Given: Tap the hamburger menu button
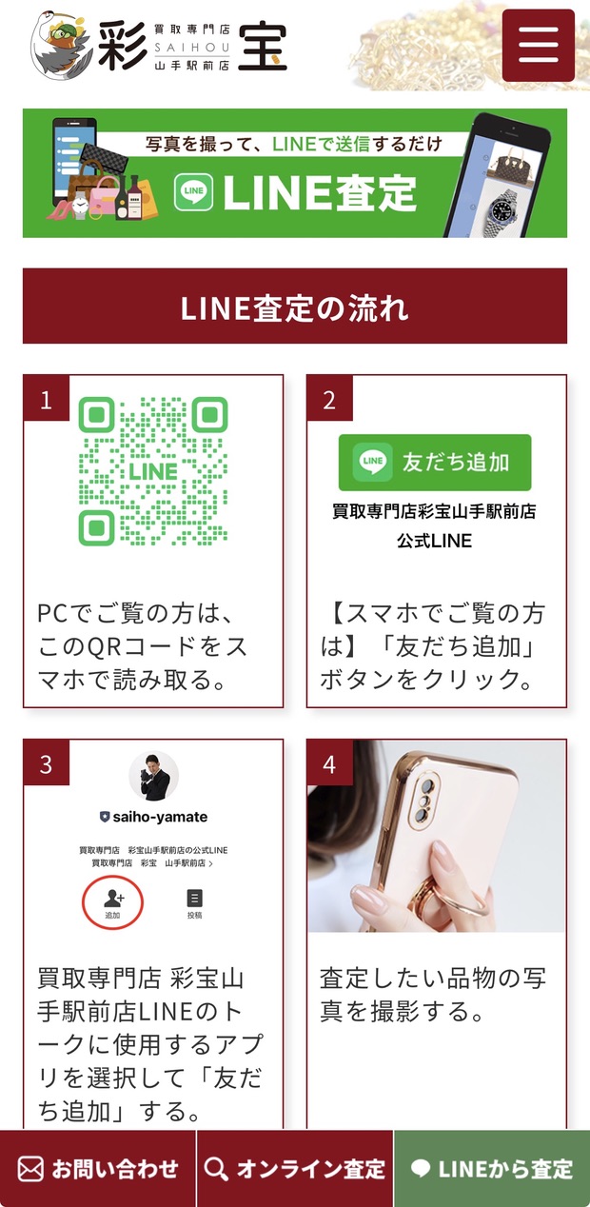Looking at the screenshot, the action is click(539, 46).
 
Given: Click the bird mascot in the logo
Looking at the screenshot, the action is click(60, 46).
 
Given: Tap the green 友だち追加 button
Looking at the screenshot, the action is click(435, 462).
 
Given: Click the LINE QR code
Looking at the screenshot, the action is click(153, 471).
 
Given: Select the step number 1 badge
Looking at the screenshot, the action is click(47, 398).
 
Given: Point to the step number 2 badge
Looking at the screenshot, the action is click(330, 398).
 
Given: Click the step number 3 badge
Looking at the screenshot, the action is click(47, 762).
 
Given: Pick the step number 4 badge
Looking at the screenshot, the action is click(330, 762).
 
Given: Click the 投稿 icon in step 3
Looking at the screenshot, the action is click(194, 903).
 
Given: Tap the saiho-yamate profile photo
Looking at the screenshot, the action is click(153, 777).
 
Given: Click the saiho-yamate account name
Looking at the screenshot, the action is click(160, 817).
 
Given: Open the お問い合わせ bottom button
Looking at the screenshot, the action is click(97, 1169).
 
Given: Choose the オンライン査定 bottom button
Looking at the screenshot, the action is click(295, 1169).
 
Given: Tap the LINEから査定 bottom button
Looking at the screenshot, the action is click(492, 1169).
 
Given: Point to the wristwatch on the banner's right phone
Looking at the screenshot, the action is click(505, 215).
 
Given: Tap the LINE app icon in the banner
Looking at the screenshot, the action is click(193, 192).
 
